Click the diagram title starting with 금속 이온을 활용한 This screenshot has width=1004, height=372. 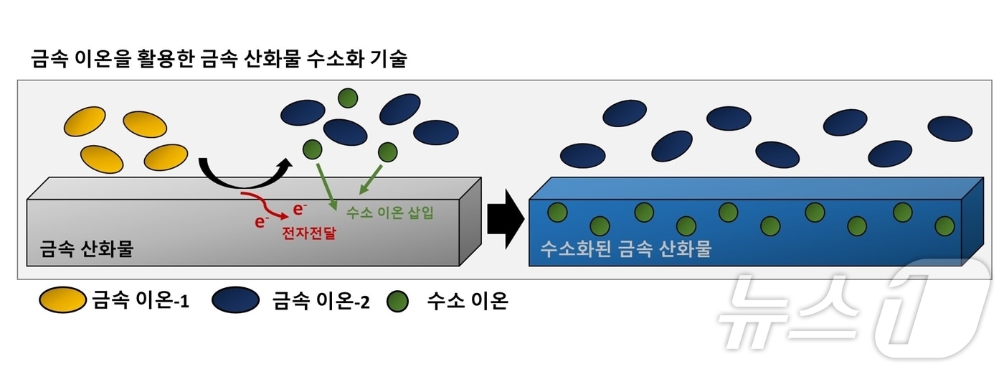[x=219, y=59]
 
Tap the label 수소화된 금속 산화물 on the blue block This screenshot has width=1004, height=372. [x=625, y=249]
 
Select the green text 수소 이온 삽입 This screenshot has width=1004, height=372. [x=389, y=213]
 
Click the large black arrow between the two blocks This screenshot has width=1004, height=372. [x=506, y=220]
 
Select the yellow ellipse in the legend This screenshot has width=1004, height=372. [x=62, y=300]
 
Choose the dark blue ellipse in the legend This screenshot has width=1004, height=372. [x=235, y=300]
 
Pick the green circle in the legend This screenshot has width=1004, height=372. [x=397, y=301]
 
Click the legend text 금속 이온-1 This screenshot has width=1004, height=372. [x=140, y=301]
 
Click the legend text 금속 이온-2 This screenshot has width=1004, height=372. [x=321, y=301]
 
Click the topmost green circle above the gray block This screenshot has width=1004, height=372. [x=348, y=97]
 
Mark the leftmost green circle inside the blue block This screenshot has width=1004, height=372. [x=557, y=212]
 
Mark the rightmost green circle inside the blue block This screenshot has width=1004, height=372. [x=945, y=225]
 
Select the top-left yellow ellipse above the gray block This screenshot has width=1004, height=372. [x=85, y=123]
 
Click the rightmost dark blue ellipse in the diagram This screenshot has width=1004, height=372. [x=949, y=129]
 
